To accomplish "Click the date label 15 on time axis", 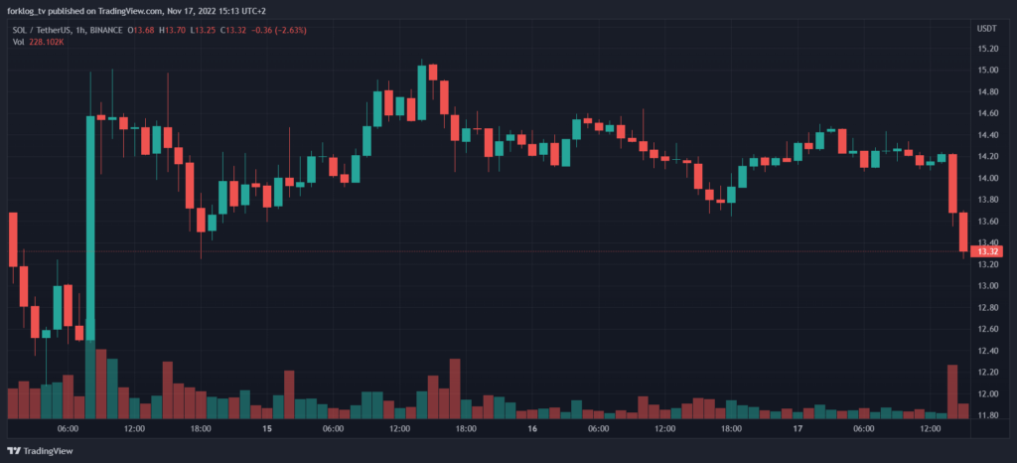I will click(267, 429).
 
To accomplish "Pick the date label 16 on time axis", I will click(532, 429).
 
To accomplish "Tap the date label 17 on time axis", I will click(798, 429).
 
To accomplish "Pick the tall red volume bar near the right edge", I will click(952, 390).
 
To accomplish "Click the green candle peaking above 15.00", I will click(422, 91).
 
